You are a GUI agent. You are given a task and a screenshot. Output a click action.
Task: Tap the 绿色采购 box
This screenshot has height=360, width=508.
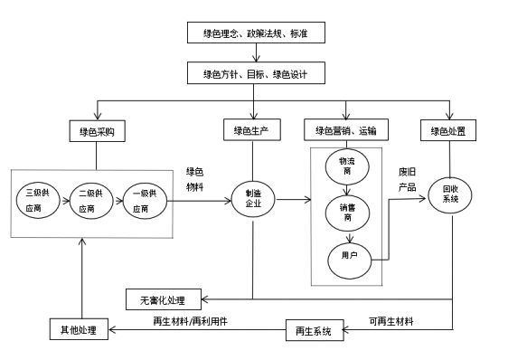click(x=97, y=131)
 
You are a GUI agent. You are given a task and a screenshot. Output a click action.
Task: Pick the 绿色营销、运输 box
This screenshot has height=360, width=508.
click(x=345, y=131)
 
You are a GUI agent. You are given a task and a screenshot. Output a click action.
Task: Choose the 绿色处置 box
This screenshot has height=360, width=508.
click(x=448, y=131)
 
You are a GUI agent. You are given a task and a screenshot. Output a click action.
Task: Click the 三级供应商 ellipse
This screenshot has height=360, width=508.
click(x=38, y=200)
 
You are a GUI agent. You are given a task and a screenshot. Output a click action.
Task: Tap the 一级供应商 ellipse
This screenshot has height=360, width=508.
click(x=145, y=200)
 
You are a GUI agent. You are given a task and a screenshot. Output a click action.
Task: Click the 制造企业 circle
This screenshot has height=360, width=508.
click(x=252, y=199)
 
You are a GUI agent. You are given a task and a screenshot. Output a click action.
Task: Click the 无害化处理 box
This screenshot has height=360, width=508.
click(x=164, y=298)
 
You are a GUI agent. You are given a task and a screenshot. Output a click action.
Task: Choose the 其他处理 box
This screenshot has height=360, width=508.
click(x=78, y=328)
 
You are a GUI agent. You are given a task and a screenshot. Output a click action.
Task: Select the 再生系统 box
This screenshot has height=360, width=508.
click(x=315, y=330)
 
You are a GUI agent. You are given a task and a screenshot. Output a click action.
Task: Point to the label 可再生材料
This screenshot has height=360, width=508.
click(x=390, y=321)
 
